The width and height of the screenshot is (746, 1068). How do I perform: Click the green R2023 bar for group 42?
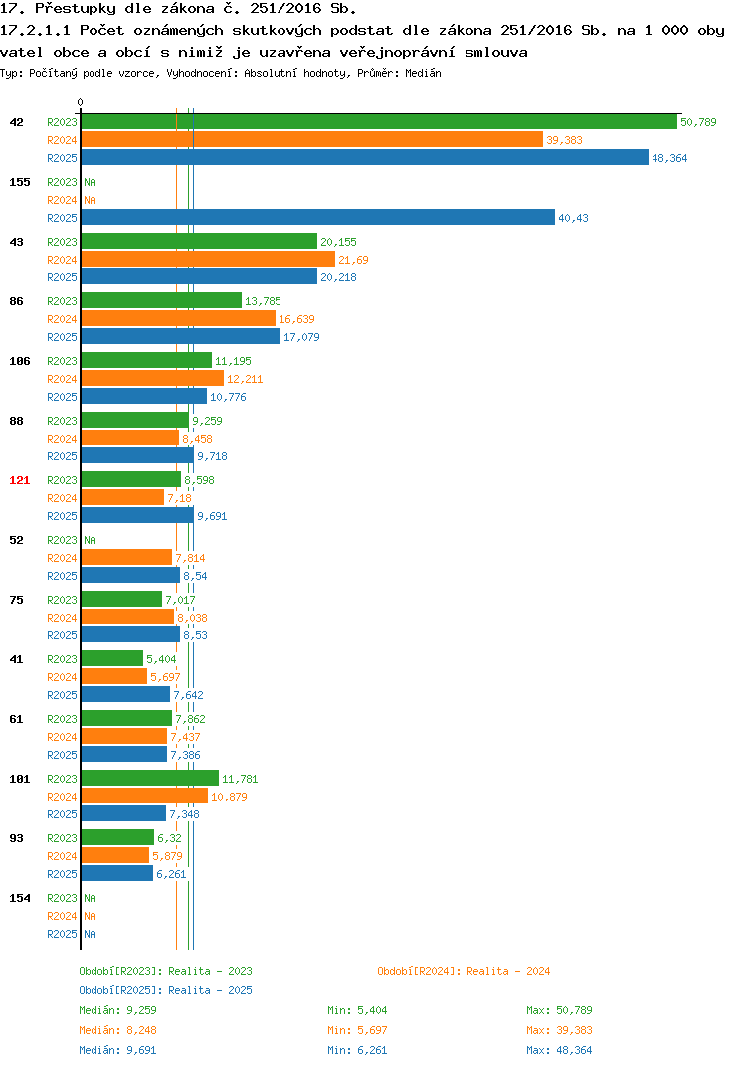pyautogui.click(x=380, y=122)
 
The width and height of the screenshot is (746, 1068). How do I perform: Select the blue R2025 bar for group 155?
pyautogui.click(x=318, y=217)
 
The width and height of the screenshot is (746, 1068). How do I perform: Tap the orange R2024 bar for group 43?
pyautogui.click(x=209, y=259)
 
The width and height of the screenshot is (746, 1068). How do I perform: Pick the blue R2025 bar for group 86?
pyautogui.click(x=181, y=336)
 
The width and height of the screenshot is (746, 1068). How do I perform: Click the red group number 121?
pyautogui.click(x=20, y=480)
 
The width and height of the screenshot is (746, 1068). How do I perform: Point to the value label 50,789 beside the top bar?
pyautogui.click(x=698, y=122)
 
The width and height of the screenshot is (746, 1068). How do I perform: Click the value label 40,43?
pyautogui.click(x=573, y=218)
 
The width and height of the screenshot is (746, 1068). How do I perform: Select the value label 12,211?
pyautogui.click(x=245, y=379)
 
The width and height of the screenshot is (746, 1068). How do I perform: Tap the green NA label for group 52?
pyautogui.click(x=90, y=540)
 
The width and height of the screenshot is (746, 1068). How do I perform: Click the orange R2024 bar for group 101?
pyautogui.click(x=144, y=796)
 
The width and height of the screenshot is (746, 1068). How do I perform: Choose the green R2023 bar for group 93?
pyautogui.click(x=117, y=837)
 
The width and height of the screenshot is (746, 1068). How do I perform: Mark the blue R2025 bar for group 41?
pyautogui.click(x=125, y=694)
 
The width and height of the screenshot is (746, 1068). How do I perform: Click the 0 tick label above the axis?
pyautogui.click(x=81, y=102)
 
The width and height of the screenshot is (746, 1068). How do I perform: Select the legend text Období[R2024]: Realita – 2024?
pyautogui.click(x=464, y=971)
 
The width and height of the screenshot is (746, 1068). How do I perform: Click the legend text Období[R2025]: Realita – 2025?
pyautogui.click(x=165, y=990)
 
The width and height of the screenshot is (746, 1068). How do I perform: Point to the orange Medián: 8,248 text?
pyautogui.click(x=117, y=1030)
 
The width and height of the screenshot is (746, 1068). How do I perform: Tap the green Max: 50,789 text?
pyautogui.click(x=559, y=1010)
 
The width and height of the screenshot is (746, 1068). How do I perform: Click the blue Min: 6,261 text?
pyautogui.click(x=357, y=1050)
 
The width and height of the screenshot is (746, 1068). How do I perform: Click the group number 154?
pyautogui.click(x=20, y=898)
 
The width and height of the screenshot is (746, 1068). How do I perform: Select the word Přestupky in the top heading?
pyautogui.click(x=76, y=9)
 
